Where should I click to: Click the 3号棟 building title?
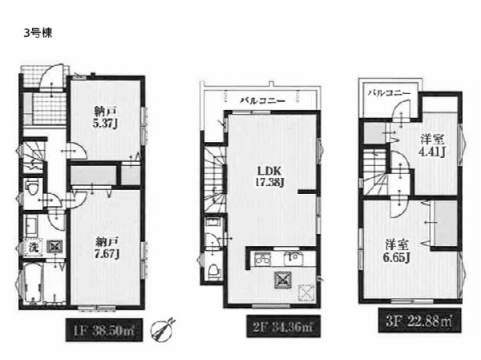[x=38, y=33]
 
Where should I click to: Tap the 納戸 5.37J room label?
[x=106, y=118]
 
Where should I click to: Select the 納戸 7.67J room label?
[x=106, y=249]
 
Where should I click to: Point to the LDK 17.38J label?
[x=269, y=176]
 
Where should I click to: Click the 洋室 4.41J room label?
[x=433, y=145]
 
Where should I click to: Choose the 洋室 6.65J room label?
[x=397, y=251]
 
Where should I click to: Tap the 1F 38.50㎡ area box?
[x=104, y=330]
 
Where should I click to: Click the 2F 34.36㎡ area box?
[x=284, y=326]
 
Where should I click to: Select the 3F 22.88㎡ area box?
[x=419, y=321]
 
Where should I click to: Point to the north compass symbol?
[x=163, y=330]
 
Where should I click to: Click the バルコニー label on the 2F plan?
[x=263, y=100]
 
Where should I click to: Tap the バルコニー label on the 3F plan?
[x=390, y=93]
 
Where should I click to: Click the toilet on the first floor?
[x=31, y=188]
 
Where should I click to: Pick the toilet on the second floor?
[x=214, y=271]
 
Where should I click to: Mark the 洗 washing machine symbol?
[x=33, y=247]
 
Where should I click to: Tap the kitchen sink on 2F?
[x=293, y=259]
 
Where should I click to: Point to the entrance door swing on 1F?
[x=52, y=76]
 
